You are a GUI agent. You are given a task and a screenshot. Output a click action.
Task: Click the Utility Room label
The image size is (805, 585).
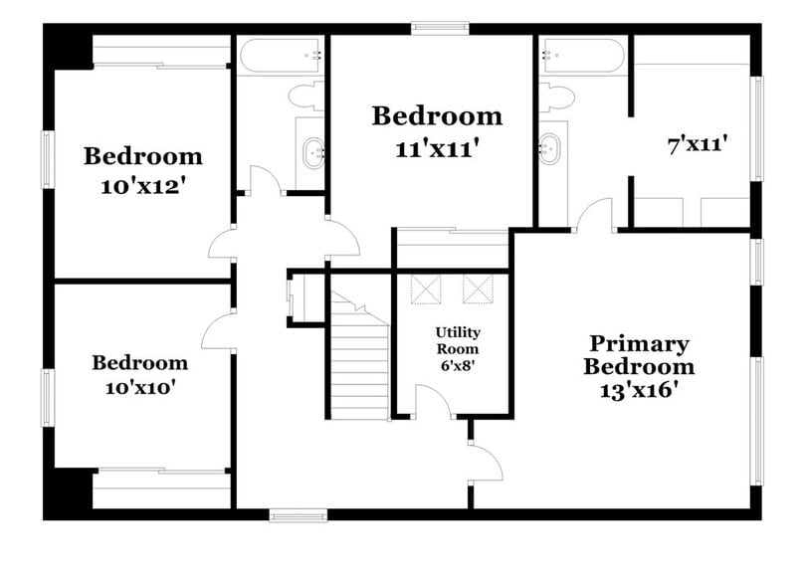point(457,349)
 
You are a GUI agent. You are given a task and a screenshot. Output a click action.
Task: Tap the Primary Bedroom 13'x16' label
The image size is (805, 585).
point(638,367)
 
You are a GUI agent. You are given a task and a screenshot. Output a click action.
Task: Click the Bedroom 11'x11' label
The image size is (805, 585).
point(437,130)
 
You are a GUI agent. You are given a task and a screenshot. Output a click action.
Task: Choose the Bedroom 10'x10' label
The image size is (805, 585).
point(139,375)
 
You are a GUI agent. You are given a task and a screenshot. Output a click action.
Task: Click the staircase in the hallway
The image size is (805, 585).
point(360,358)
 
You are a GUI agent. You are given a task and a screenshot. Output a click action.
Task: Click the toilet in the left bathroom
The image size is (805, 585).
point(303,96)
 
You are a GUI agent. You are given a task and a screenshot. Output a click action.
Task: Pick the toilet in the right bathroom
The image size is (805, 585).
point(559,97)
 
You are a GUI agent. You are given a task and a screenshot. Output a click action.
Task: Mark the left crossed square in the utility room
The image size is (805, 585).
point(426,289)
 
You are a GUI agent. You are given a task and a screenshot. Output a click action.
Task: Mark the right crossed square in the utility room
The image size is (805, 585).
point(478,289)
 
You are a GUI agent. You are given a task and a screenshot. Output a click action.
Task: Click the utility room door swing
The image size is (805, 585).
point(434,401)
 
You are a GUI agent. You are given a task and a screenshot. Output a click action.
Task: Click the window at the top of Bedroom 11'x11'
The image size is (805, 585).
point(440,27)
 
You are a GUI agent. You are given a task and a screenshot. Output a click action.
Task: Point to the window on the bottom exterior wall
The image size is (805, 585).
point(298,515)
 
